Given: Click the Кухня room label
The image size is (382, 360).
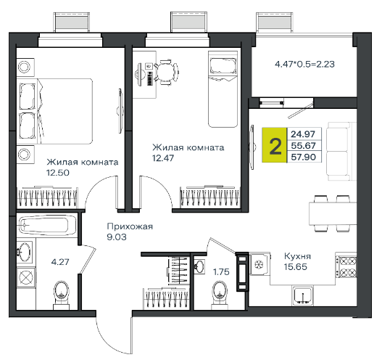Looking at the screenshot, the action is point(297,256).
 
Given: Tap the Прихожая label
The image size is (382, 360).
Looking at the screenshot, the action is point(130,226).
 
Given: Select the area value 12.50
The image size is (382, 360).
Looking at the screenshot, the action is point(58,173).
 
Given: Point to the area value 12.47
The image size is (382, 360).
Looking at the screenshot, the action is point(163,158).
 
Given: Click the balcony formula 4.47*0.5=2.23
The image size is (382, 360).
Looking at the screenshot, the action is point(304,64).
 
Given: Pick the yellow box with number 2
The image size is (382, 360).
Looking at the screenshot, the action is point(275,145).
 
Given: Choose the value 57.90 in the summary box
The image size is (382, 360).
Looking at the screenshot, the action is point(304,157).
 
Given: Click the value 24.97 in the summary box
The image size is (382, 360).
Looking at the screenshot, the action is point(303,134).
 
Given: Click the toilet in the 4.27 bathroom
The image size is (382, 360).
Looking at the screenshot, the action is point(61,295).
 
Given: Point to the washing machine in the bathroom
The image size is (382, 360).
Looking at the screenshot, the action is point(26,278).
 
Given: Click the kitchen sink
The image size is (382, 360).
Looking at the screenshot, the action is point(302,296).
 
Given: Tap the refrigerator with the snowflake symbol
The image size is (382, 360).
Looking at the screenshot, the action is point(260,264).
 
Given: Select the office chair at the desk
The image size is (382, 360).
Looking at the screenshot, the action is point(167,72).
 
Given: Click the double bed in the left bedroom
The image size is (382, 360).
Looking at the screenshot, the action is point(56,111).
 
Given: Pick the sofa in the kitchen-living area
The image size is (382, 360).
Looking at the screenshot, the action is point(341,152).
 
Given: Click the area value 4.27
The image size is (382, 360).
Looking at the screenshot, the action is point(60,262).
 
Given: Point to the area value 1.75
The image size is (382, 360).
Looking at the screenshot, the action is point(221,271).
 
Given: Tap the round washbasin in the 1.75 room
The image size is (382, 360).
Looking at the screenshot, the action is point(199,266).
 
